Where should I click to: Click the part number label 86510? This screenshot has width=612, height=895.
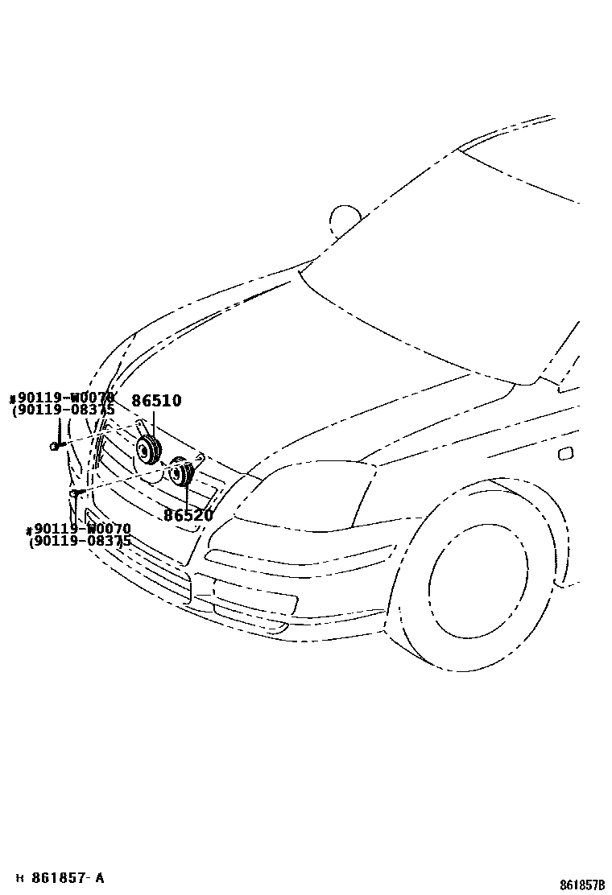pos(156,401)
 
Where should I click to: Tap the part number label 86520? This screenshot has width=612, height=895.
pos(188,516)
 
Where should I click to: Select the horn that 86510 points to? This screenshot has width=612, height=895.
pos(147,452)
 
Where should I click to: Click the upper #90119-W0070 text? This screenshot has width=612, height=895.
pos(62,398)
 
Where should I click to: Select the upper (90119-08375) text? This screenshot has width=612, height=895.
pos(63,410)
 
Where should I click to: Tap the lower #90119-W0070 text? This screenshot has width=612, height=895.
pos(78,530)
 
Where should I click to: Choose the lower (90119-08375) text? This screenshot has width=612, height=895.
pos(80,542)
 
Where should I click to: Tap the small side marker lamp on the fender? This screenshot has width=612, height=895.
pos(565,454)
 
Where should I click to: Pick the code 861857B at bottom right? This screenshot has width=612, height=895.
pos(582,885)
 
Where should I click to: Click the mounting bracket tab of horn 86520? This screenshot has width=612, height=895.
pos(199,458)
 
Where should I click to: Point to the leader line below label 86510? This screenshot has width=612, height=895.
pos(153,423)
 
